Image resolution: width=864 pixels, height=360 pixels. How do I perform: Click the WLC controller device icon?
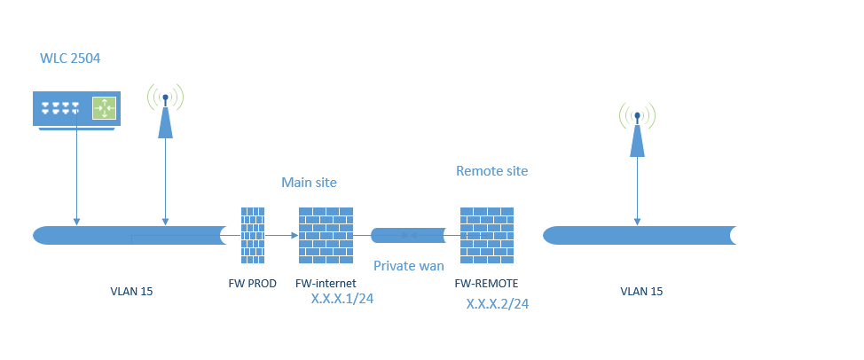pos(76,108)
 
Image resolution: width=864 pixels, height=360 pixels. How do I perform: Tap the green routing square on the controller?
pos(105,108)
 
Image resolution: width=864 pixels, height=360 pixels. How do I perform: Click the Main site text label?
pos(309,183)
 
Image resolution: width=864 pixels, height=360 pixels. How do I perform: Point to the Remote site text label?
pos(492,170)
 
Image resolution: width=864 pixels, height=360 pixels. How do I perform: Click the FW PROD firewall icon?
pos(253,235)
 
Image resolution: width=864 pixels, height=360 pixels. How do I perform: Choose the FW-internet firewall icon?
pos(326,235)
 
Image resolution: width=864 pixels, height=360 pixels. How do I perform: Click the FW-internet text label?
pos(326,284)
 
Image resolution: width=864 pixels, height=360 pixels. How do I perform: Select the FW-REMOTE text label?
pos(486,284)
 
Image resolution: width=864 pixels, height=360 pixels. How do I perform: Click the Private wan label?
pos(408,265)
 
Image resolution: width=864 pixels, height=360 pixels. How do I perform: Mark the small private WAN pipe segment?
pos(408,235)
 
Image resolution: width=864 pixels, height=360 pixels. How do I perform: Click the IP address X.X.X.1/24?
pos(342,300)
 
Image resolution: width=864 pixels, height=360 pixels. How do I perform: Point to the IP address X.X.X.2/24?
pos(498,304)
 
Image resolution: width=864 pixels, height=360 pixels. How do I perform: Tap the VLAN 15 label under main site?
pos(131,291)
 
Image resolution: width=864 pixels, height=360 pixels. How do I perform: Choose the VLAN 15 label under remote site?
pos(640,291)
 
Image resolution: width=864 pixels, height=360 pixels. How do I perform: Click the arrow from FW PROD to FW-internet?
pos(281,235)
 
